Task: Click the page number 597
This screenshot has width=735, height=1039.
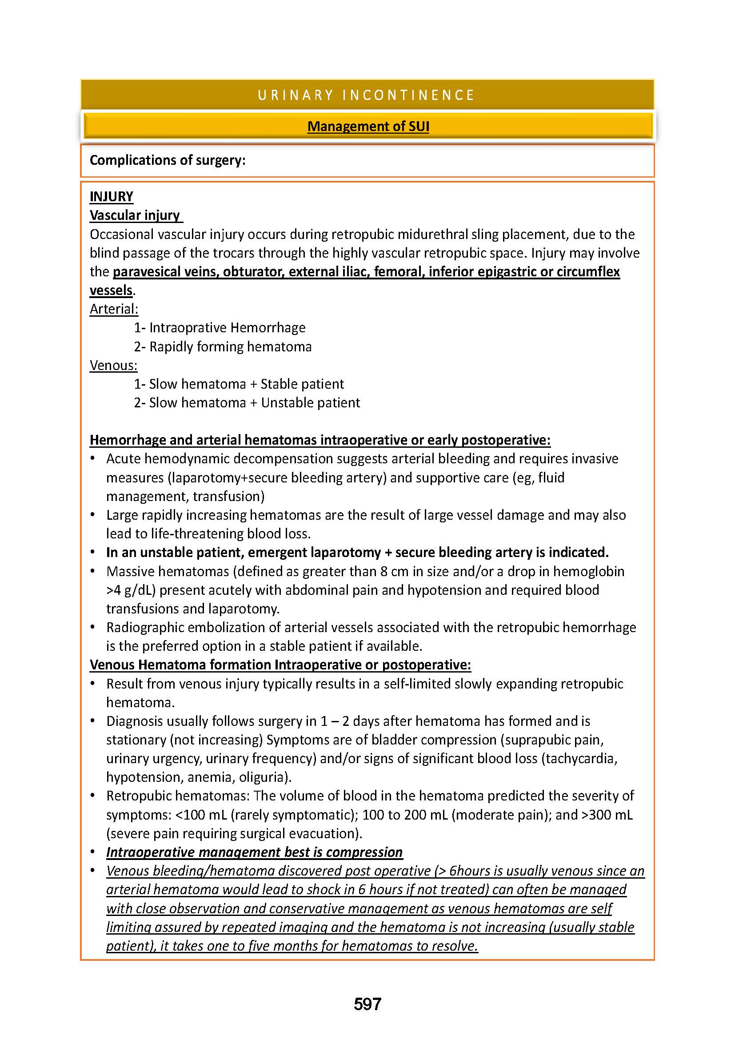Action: coord(367,1004)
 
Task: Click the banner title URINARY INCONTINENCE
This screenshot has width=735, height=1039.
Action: coord(367,95)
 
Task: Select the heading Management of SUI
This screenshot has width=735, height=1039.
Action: coord(368,126)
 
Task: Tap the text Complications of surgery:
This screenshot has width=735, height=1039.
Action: coord(168,160)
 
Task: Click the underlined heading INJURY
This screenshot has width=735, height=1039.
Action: coord(112,196)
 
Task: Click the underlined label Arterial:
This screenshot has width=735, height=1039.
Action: coord(114,309)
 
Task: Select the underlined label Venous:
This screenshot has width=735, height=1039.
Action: coord(114,365)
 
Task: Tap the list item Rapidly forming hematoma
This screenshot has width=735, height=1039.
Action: coord(230,346)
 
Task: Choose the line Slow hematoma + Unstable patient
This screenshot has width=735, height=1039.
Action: coord(254,403)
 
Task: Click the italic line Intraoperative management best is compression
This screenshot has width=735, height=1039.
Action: coord(254,852)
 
